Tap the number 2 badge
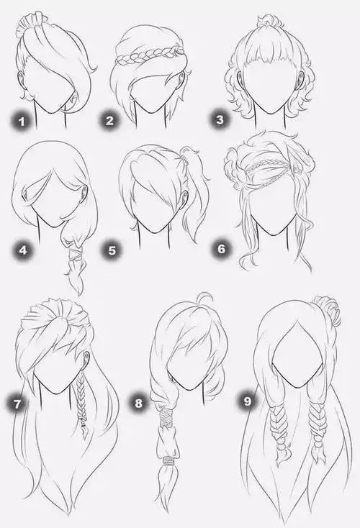pyautogui.click(x=109, y=121)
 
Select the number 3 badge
pyautogui.click(x=220, y=119)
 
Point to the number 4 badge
pyautogui.click(x=23, y=250)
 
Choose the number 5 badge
pyautogui.click(x=112, y=250)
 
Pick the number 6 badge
pyautogui.click(x=222, y=249)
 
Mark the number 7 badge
pyautogui.click(x=17, y=404)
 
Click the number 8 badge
pyautogui.click(x=138, y=403)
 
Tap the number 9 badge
pyautogui.click(x=248, y=401)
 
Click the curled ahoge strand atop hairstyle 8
pyautogui.click(x=207, y=299)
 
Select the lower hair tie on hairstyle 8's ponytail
pyautogui.click(x=168, y=460)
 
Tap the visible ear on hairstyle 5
pyautogui.click(x=184, y=196)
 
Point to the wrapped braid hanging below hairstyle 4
pyautogui.click(x=74, y=259)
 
